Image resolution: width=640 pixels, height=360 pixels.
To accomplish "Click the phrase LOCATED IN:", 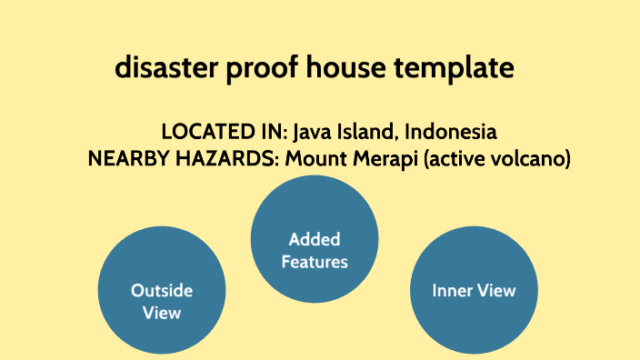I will tap(224, 132).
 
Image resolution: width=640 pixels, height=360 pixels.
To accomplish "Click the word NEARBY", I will tap(126, 159).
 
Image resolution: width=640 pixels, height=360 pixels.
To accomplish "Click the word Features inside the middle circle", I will tap(314, 262).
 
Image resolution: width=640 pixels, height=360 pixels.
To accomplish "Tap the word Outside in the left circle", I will tap(162, 291).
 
